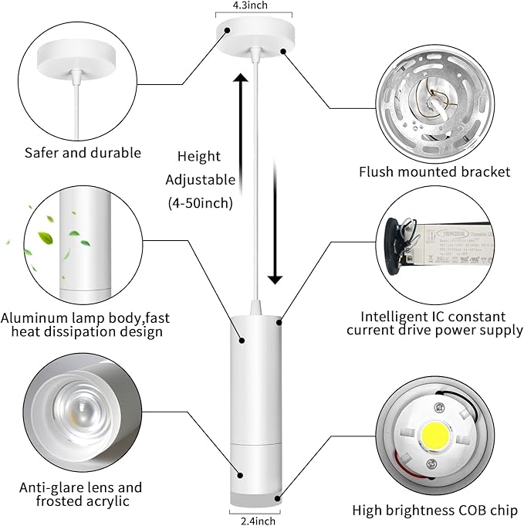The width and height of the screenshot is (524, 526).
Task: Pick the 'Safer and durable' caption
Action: point(83,153)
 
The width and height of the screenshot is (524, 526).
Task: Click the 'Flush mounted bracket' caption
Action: point(434,171)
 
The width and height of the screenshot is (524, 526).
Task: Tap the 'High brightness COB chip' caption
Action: point(434,510)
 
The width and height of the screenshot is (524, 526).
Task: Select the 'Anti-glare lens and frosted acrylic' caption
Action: point(81,494)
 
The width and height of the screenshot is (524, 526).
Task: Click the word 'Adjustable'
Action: point(200,180)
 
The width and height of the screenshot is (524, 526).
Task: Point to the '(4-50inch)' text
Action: point(200,204)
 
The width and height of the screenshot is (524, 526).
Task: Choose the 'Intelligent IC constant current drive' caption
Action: point(434,324)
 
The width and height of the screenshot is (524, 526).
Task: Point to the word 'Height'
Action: point(199,156)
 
